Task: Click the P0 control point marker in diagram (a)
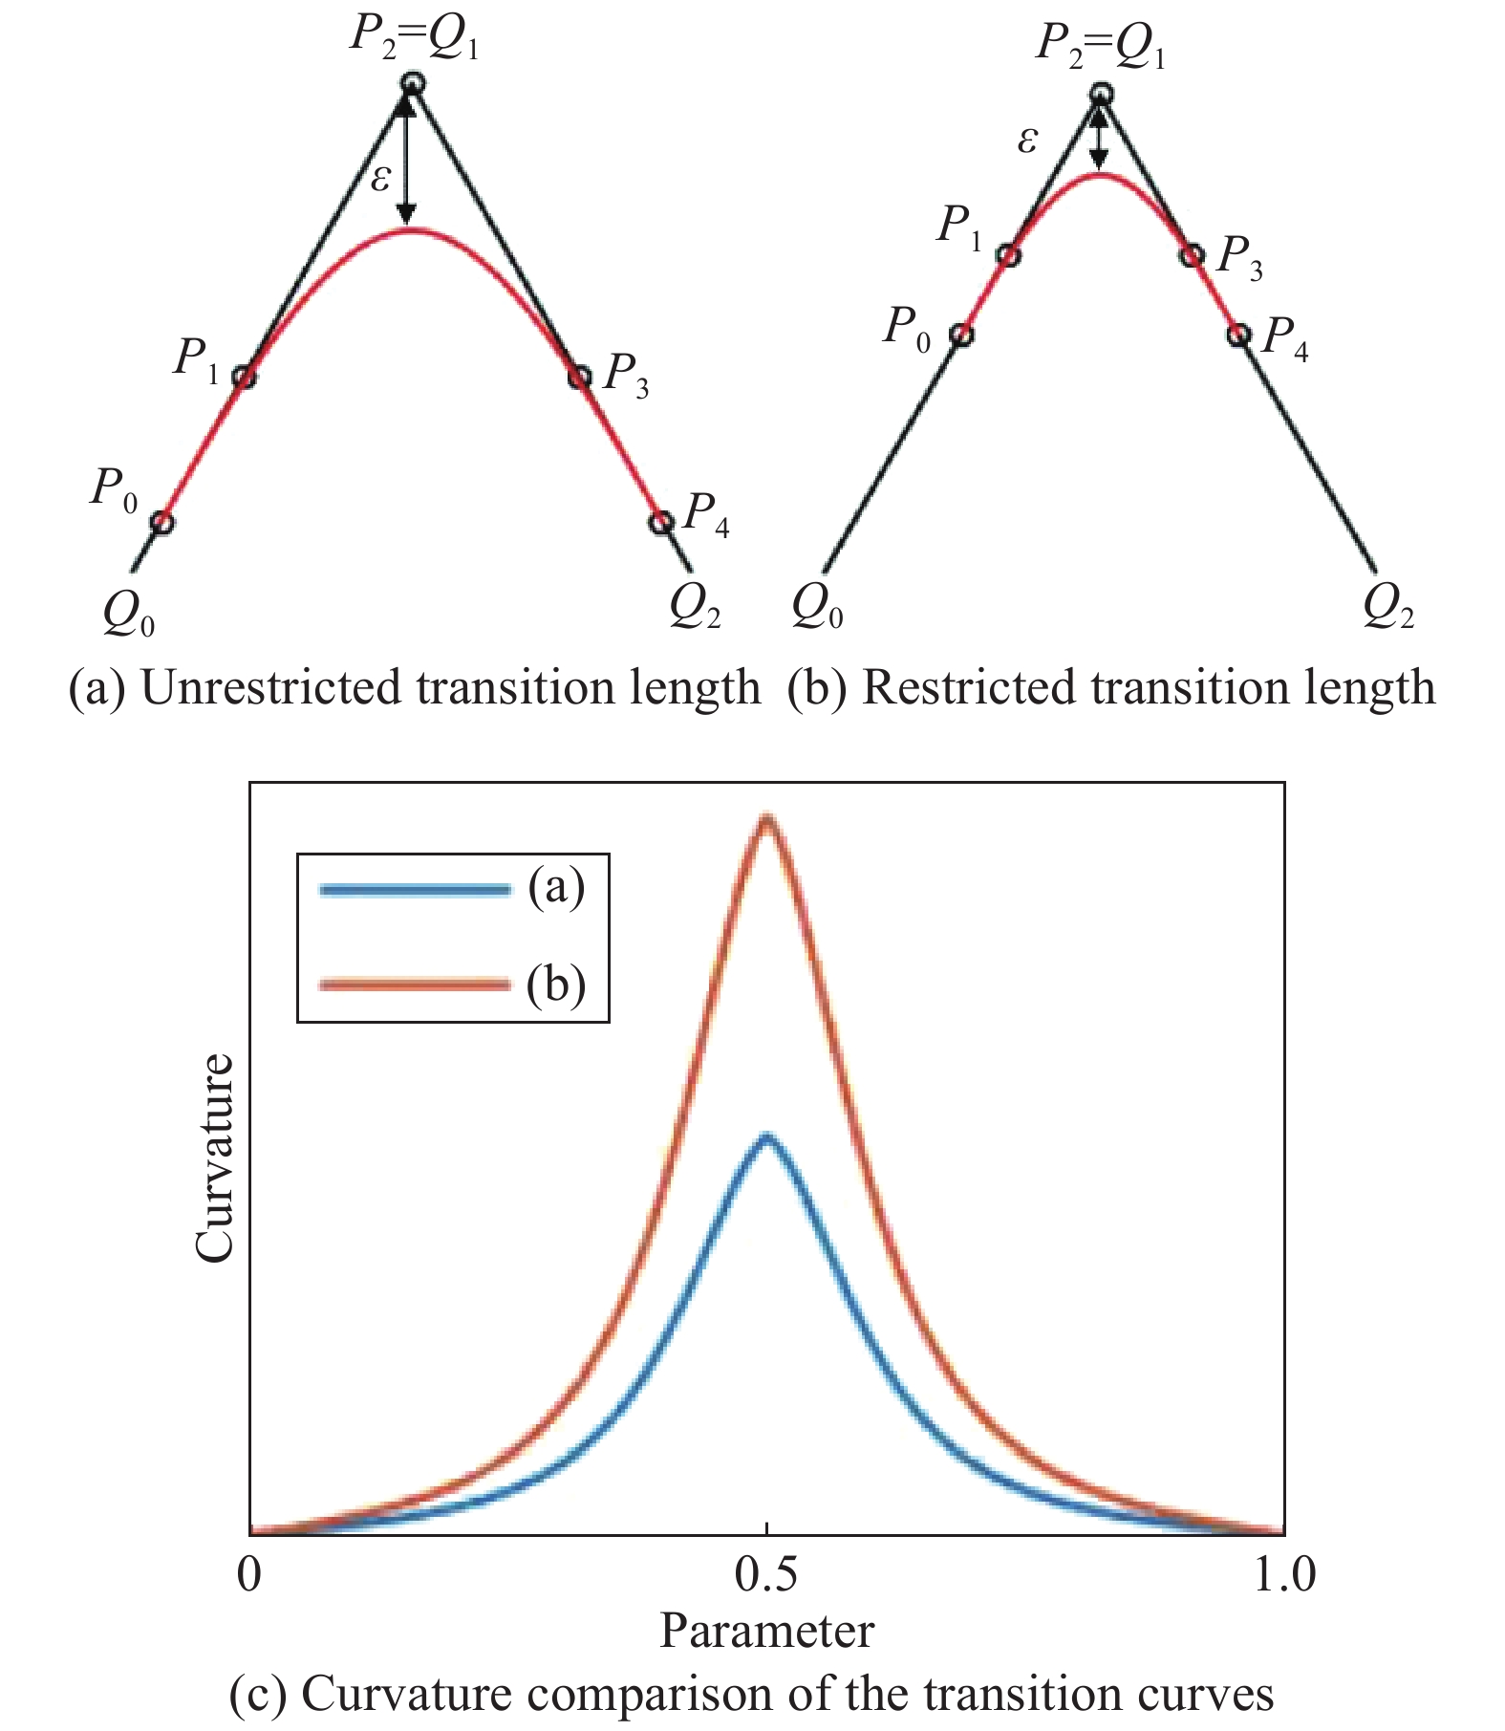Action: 162,522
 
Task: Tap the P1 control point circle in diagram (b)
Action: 1008,255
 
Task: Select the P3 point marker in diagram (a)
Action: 579,377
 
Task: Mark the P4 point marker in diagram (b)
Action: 1238,335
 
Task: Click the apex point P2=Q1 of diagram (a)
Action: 411,84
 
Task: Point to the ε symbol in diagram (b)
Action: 1027,141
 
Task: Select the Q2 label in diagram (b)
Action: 1387,606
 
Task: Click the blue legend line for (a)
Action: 415,890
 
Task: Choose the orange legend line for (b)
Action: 415,985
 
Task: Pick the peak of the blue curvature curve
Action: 765,1137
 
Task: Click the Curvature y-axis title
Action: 214,1158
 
